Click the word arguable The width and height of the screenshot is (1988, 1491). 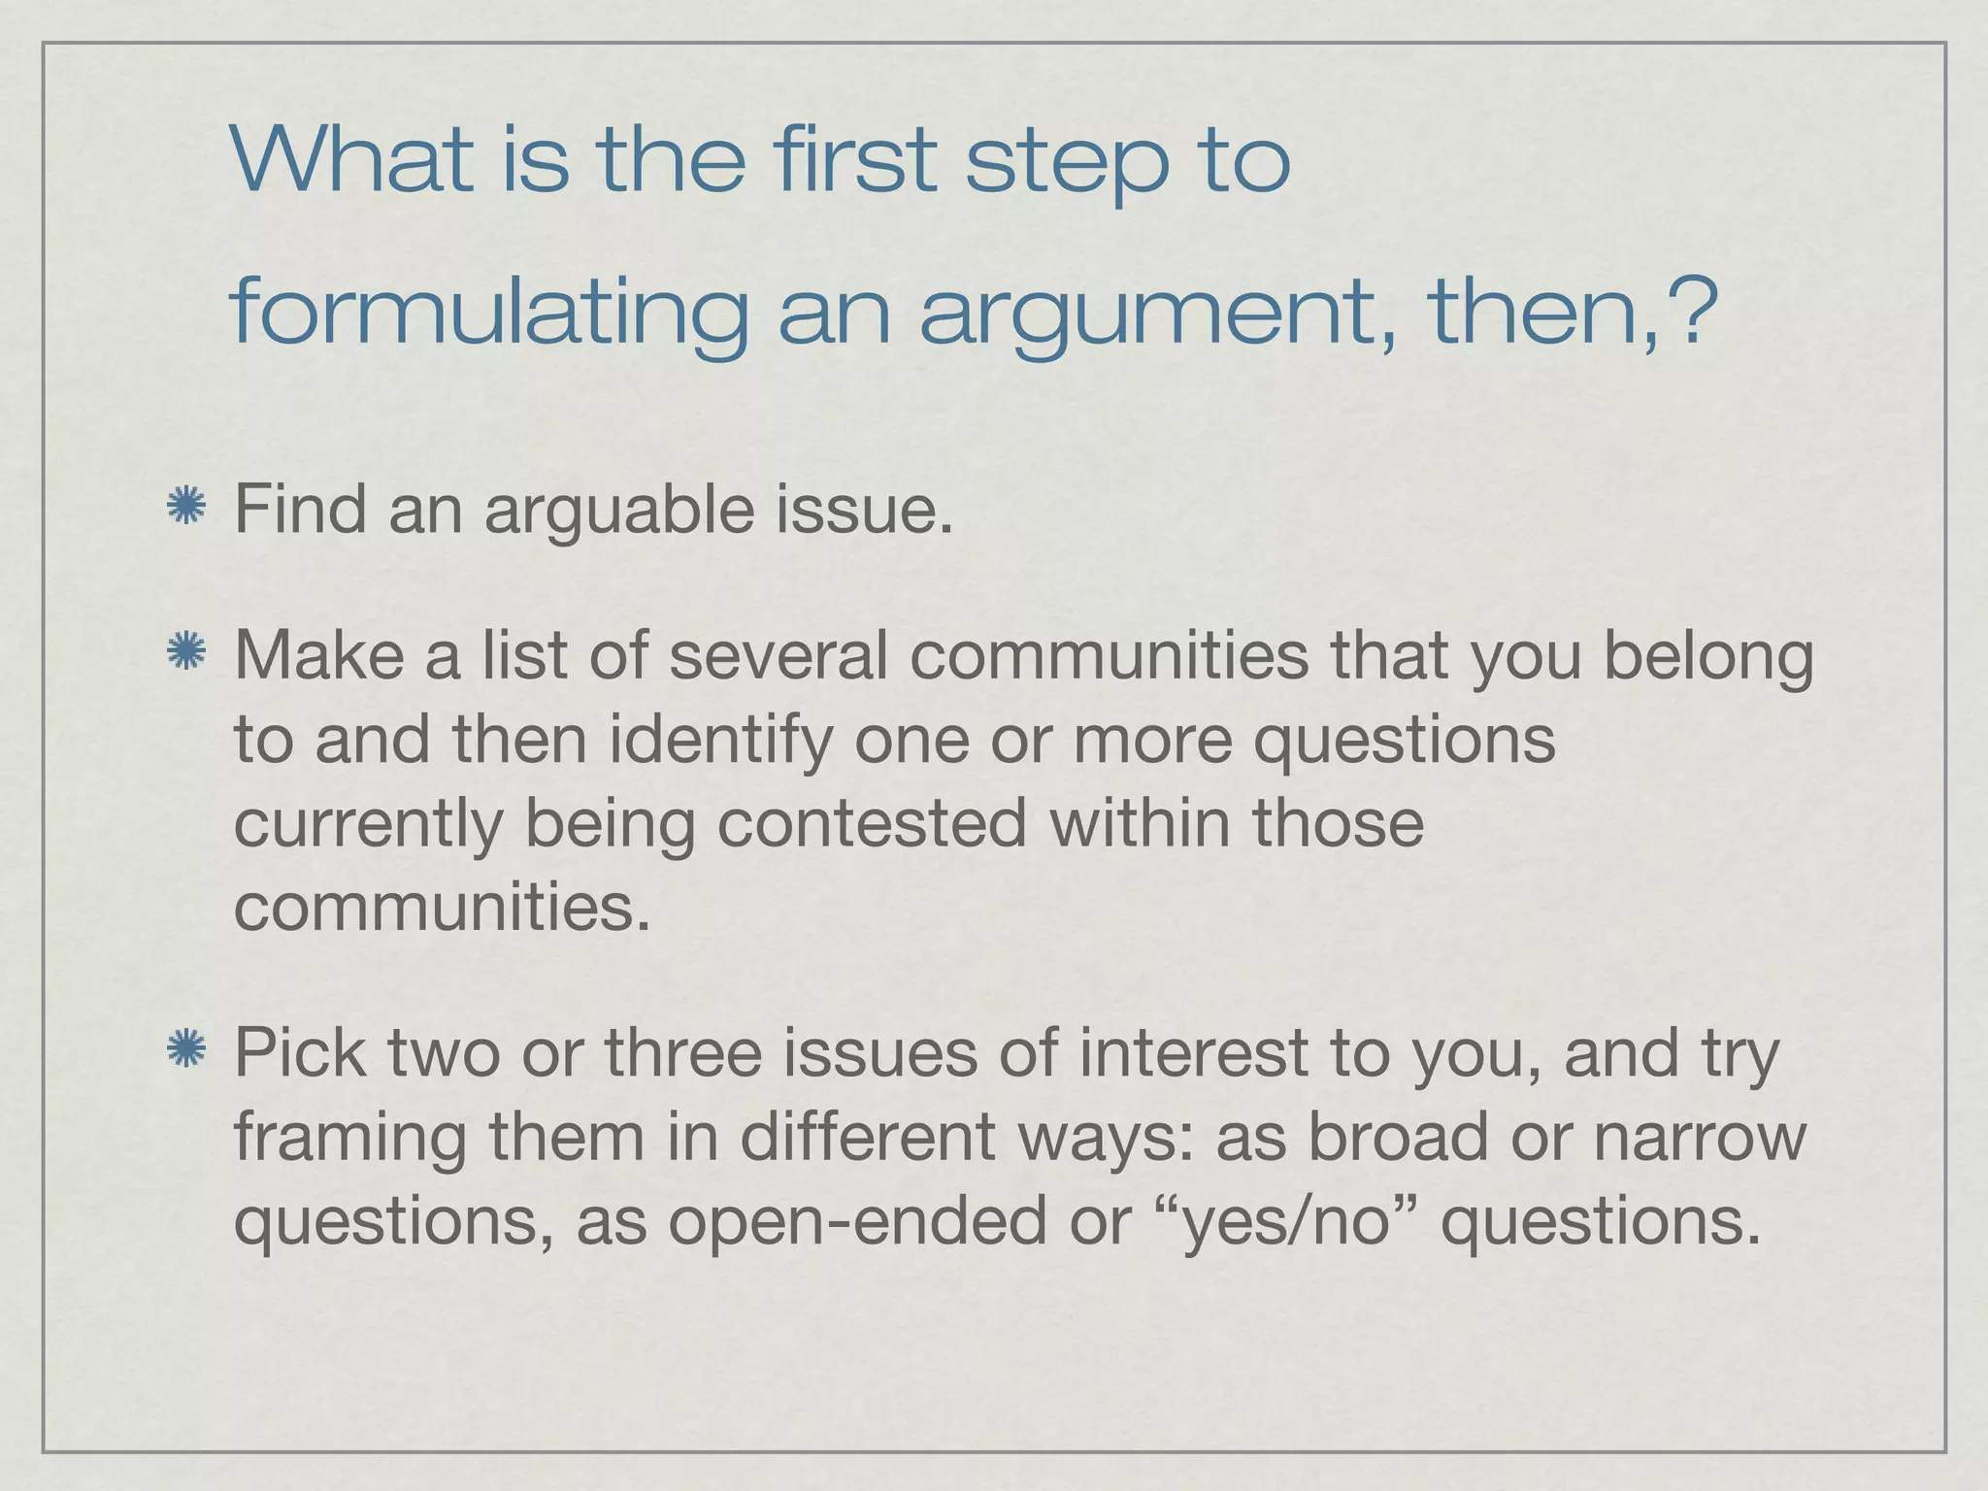click(618, 511)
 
